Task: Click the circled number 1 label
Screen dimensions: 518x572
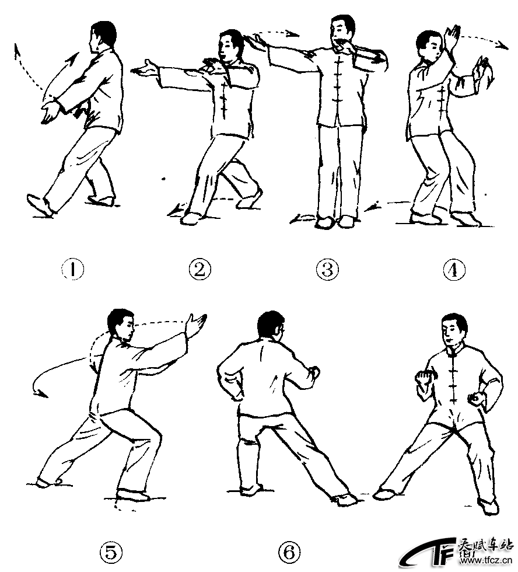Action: [x=72, y=270]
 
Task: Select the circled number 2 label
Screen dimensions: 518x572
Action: [x=199, y=270]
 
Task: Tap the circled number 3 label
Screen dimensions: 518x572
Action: [x=327, y=270]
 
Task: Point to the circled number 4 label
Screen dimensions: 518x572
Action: [x=454, y=270]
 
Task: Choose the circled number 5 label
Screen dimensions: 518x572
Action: [x=110, y=552]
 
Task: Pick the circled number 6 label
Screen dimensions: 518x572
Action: [x=289, y=552]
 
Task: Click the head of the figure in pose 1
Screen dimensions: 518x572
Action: [x=102, y=36]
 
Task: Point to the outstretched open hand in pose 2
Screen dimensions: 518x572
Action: [x=145, y=68]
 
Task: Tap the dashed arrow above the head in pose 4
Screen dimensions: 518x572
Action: [x=483, y=40]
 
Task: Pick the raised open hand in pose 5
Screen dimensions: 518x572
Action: [x=197, y=324]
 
